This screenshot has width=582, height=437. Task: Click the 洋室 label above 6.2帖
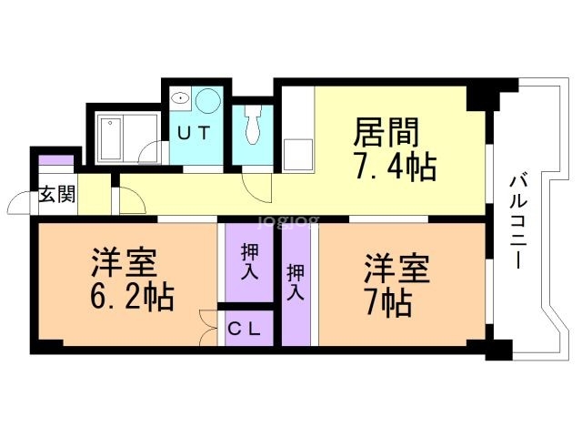[x=125, y=264]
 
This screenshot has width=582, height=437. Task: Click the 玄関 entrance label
[x=57, y=194]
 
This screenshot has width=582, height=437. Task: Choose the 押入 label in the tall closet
[x=296, y=281]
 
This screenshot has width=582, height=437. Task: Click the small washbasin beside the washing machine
[x=180, y=97]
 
